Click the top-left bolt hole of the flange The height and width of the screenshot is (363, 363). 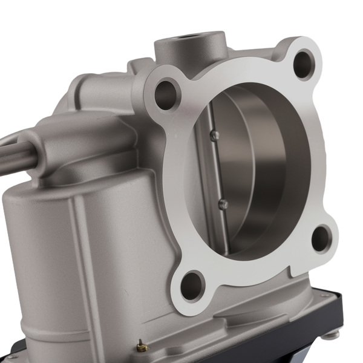165,94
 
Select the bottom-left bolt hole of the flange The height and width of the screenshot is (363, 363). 192,284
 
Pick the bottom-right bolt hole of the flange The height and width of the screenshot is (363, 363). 321,238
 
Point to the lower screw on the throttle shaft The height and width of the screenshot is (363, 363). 223,204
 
